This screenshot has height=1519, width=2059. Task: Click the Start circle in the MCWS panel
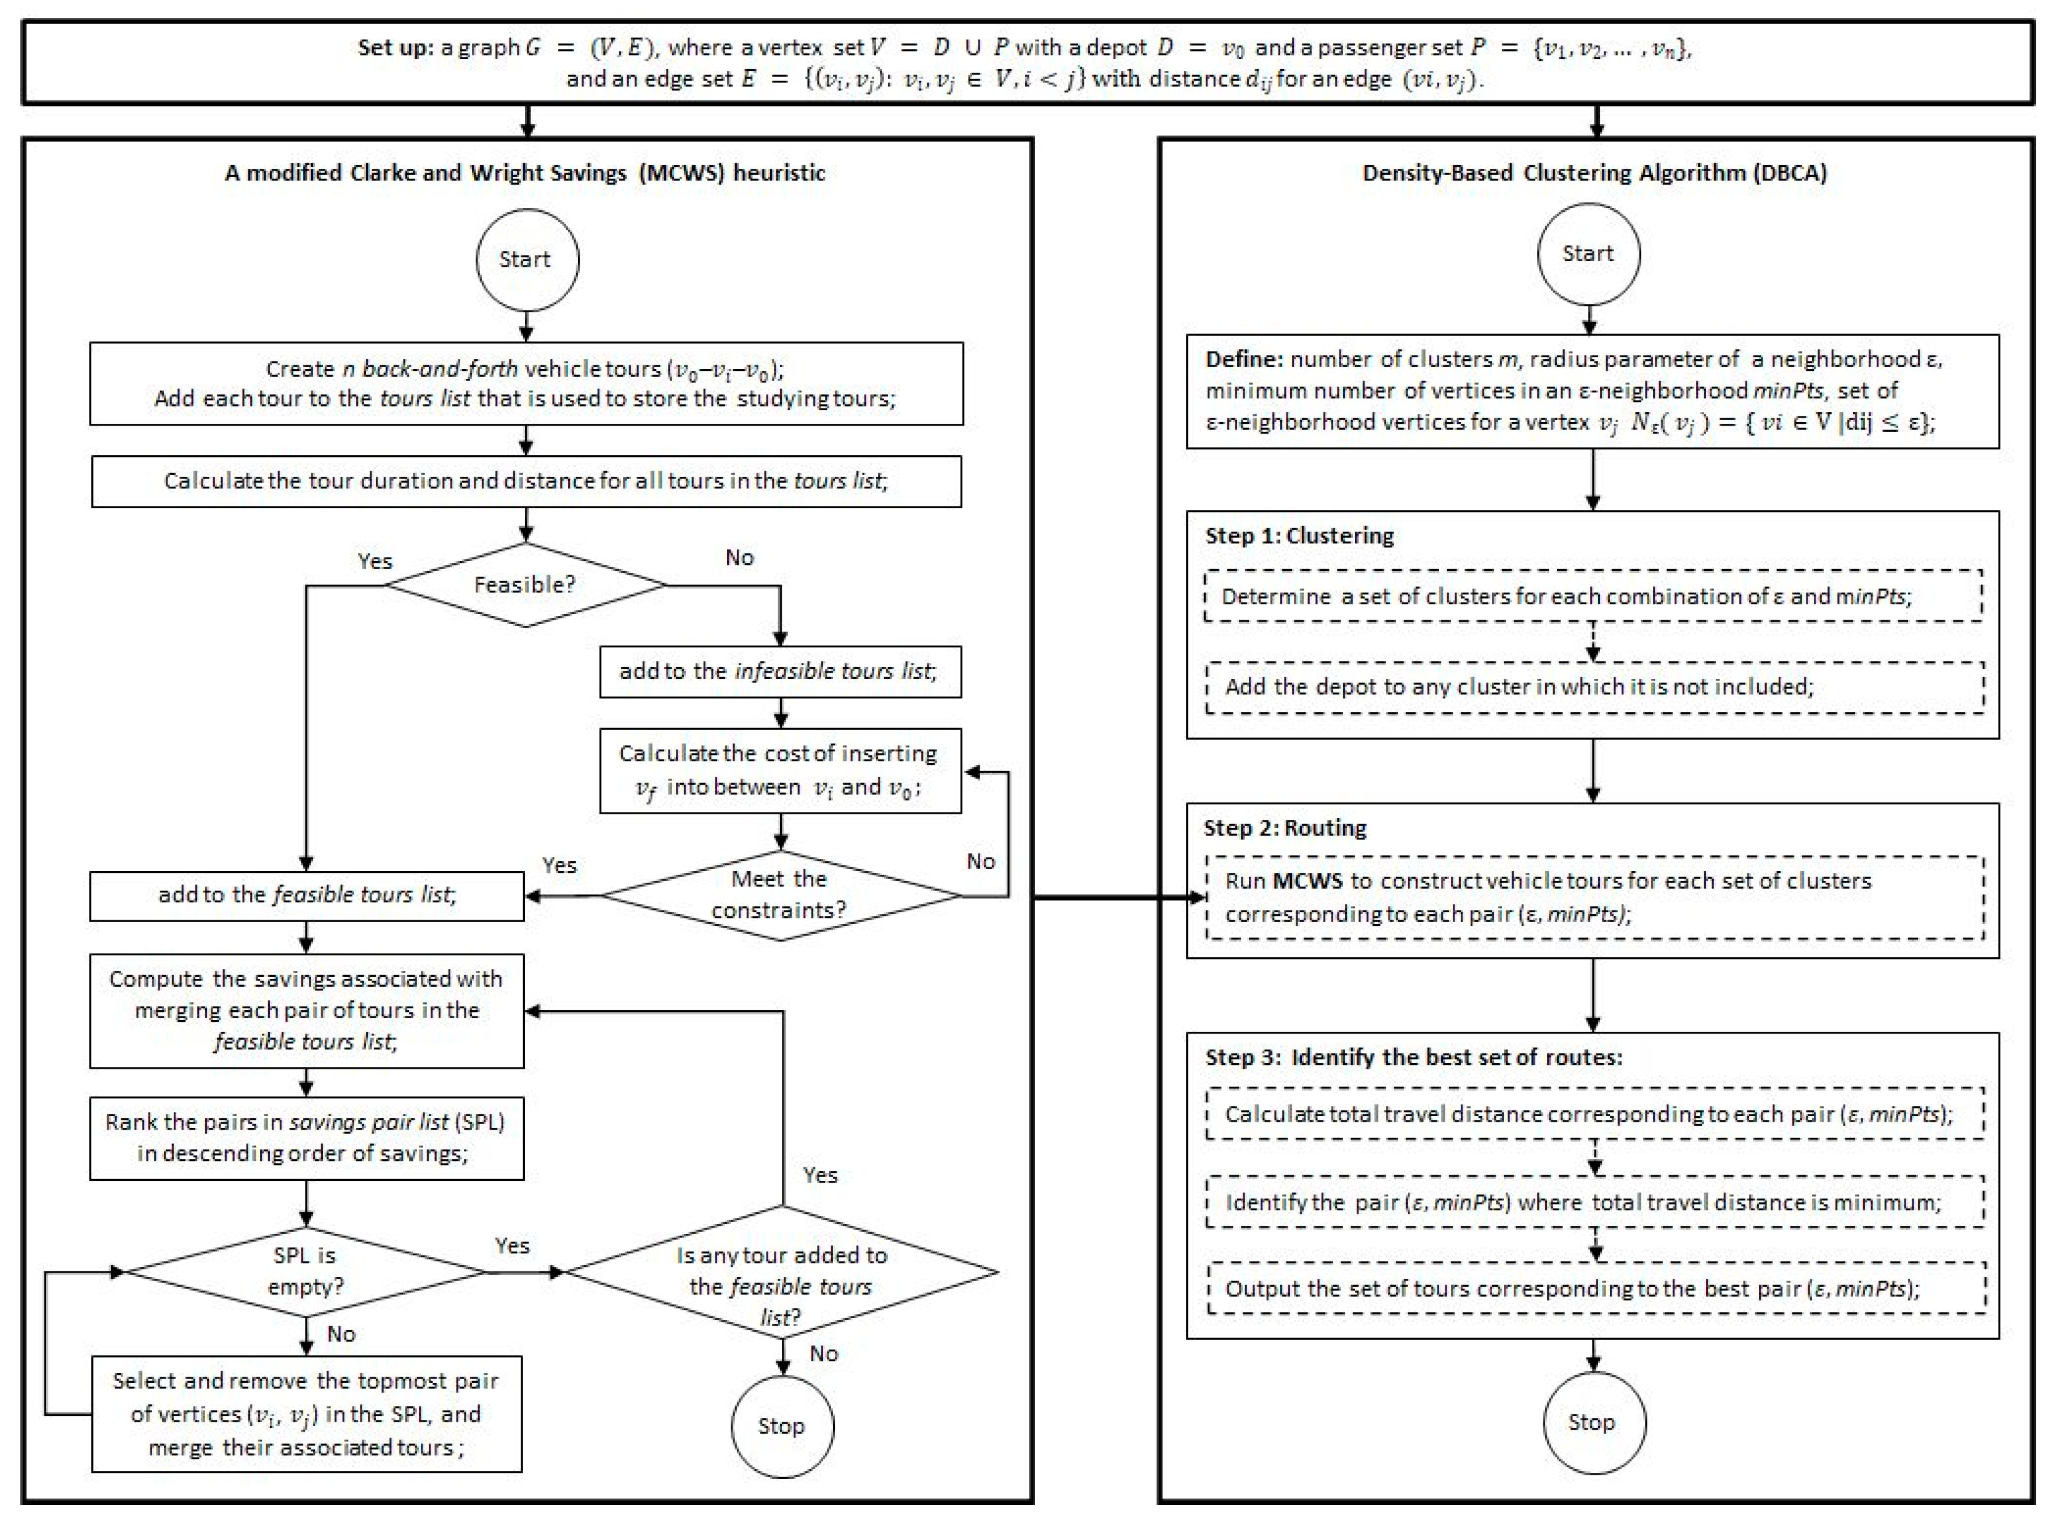tap(527, 259)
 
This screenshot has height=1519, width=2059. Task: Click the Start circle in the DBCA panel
tap(1588, 254)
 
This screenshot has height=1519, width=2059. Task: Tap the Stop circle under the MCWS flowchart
tap(782, 1425)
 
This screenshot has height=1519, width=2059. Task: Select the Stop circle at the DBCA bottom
tap(1593, 1422)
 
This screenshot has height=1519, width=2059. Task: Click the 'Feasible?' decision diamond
tap(525, 585)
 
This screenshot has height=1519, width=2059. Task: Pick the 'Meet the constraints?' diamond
tap(780, 894)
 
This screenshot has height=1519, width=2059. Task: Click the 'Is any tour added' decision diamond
tap(782, 1273)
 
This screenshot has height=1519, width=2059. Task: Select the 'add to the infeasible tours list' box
tap(780, 671)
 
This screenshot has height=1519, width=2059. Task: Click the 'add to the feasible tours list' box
tap(306, 894)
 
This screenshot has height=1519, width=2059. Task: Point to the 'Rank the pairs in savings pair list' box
tap(306, 1138)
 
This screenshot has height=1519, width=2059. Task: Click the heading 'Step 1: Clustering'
tap(1299, 535)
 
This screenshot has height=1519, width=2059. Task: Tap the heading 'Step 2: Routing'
tap(1285, 827)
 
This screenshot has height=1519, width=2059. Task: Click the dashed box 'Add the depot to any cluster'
tap(1594, 687)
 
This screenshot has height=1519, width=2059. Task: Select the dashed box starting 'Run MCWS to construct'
tap(1594, 897)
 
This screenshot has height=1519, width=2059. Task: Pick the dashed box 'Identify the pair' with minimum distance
tap(1594, 1202)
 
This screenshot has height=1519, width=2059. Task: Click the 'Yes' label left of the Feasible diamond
tap(375, 561)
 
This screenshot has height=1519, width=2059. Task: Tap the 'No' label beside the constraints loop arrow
tap(980, 862)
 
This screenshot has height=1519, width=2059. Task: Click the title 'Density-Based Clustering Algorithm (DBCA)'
tap(1594, 173)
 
